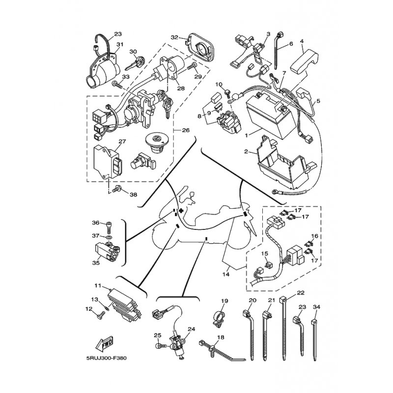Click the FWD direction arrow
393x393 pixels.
click(105, 343)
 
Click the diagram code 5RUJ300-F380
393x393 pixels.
click(107, 358)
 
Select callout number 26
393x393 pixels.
click(186, 130)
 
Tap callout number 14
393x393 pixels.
click(226, 274)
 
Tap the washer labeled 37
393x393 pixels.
click(109, 237)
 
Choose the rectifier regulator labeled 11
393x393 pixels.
click(124, 306)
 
